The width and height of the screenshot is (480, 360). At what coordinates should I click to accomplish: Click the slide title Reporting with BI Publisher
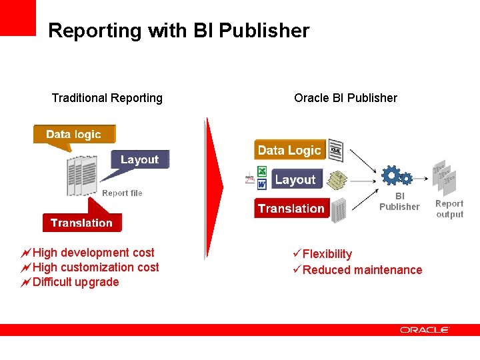(179, 31)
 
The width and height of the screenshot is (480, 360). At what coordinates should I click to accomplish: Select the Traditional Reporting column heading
(107, 98)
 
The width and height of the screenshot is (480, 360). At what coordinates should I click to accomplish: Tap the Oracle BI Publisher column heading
(345, 98)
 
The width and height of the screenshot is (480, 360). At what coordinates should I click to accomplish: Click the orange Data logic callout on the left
(73, 134)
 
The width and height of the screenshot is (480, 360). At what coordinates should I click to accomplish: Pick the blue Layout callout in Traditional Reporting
(139, 160)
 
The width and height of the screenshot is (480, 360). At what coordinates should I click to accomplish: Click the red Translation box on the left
(81, 223)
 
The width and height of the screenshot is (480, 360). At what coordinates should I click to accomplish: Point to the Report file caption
(122, 193)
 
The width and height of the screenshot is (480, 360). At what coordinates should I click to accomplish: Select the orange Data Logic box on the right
(289, 150)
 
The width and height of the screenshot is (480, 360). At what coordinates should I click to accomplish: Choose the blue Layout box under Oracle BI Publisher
(295, 179)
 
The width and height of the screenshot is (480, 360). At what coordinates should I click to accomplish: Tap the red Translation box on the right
(291, 209)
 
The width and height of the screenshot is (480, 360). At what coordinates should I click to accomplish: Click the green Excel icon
(262, 172)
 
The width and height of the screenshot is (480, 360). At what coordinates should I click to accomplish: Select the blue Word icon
(262, 183)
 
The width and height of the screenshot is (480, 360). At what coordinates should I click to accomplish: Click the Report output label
(449, 209)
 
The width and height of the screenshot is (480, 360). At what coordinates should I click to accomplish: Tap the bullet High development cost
(93, 253)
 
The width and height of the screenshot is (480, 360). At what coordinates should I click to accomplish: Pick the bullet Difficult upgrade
(75, 282)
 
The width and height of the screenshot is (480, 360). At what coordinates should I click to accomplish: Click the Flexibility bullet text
(327, 254)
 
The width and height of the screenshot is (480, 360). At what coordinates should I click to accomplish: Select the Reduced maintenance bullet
(362, 270)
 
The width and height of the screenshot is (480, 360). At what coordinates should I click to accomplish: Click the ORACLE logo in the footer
(424, 330)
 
